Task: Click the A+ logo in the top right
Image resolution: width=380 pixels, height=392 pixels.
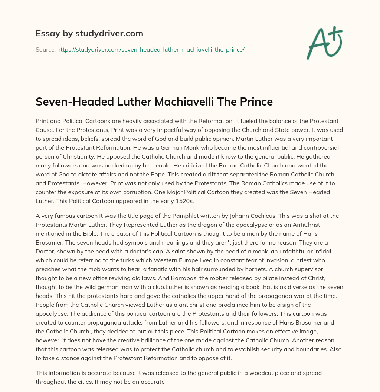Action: point(324,43)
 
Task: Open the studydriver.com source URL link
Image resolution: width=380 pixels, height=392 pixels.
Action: point(151,49)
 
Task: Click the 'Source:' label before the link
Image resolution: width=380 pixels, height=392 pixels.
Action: point(45,49)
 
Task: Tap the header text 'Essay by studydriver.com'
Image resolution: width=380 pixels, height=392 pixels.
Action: point(89,33)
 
